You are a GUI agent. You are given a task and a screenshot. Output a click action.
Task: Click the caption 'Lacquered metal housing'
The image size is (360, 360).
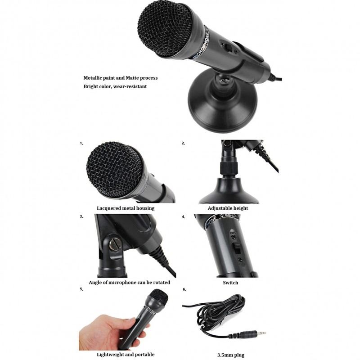tap(126, 208)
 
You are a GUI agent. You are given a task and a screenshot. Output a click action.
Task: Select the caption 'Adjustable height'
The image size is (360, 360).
tap(228, 208)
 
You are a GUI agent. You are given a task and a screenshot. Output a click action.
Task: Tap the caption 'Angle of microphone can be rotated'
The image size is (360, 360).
tap(130, 283)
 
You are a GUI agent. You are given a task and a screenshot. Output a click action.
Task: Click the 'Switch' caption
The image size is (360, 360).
tap(230, 283)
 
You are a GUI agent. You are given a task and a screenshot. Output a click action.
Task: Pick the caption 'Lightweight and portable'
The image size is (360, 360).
tap(126, 355)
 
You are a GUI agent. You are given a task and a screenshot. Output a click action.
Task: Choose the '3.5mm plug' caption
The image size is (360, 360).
tap(231, 355)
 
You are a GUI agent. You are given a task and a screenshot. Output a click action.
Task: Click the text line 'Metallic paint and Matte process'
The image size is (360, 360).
tap(121, 78)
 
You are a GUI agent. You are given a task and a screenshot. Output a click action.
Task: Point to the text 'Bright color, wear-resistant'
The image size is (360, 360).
tap(115, 86)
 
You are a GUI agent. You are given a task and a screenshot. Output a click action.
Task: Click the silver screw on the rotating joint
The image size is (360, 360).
tap(114, 244)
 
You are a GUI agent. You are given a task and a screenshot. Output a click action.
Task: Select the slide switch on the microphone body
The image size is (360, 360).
tap(237, 248)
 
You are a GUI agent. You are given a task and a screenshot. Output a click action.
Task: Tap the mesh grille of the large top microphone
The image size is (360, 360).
tap(165, 29)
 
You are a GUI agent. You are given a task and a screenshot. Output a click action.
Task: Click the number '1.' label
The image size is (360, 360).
tap(81, 143)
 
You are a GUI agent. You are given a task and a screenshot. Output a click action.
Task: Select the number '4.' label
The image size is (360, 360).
tap(184, 217)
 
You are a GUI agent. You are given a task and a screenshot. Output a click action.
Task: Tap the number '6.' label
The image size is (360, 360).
tap(184, 289)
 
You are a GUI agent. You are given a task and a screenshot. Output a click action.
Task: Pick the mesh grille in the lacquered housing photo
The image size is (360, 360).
tap(114, 170)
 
